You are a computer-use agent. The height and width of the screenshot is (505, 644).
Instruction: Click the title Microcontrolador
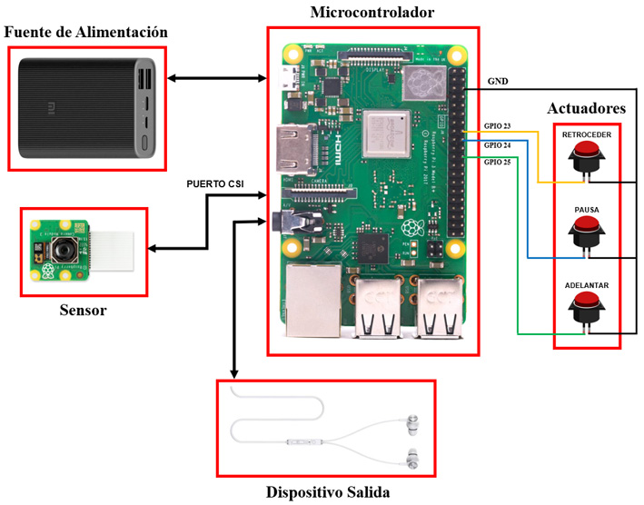[372, 13]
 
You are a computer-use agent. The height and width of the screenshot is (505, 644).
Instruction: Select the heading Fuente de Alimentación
[86, 33]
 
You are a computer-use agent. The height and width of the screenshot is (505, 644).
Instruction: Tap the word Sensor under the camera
[76, 311]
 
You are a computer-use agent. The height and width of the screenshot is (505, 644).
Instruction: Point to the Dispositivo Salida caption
[327, 492]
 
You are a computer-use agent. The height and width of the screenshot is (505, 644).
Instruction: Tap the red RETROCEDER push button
[586, 156]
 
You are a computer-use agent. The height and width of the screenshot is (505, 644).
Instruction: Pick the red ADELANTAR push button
[586, 307]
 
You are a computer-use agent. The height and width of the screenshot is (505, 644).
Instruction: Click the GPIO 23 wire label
[498, 127]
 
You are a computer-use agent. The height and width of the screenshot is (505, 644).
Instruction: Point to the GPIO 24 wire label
[498, 144]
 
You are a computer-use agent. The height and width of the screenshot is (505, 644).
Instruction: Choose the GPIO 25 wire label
[498, 162]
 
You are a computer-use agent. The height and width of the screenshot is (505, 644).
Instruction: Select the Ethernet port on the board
[311, 292]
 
